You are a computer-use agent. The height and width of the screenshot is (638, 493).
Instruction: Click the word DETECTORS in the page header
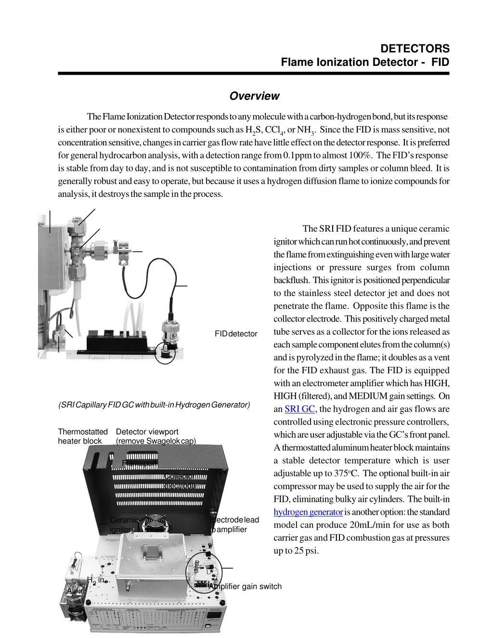point(415,49)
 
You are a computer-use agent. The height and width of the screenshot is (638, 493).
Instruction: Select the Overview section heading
point(254,96)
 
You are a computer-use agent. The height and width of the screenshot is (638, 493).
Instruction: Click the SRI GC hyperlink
point(299,409)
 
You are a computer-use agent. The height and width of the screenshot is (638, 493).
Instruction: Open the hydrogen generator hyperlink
point(308,512)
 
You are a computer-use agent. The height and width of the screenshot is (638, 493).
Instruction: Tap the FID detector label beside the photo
point(236,334)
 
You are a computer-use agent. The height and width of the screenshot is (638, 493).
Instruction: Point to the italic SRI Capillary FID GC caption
point(154,404)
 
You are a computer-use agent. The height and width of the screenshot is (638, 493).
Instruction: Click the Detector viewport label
point(147,432)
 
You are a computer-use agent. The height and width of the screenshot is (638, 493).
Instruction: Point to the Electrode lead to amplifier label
point(234,525)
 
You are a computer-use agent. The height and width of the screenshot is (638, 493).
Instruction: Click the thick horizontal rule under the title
point(253,74)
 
